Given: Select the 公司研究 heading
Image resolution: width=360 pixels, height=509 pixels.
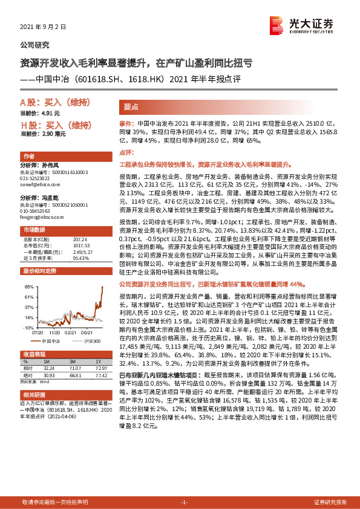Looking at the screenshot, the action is [x=35, y=45].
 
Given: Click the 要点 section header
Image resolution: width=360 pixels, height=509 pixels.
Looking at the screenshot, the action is [x=132, y=105].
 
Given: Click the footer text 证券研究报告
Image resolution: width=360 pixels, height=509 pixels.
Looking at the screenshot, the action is [x=330, y=502].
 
